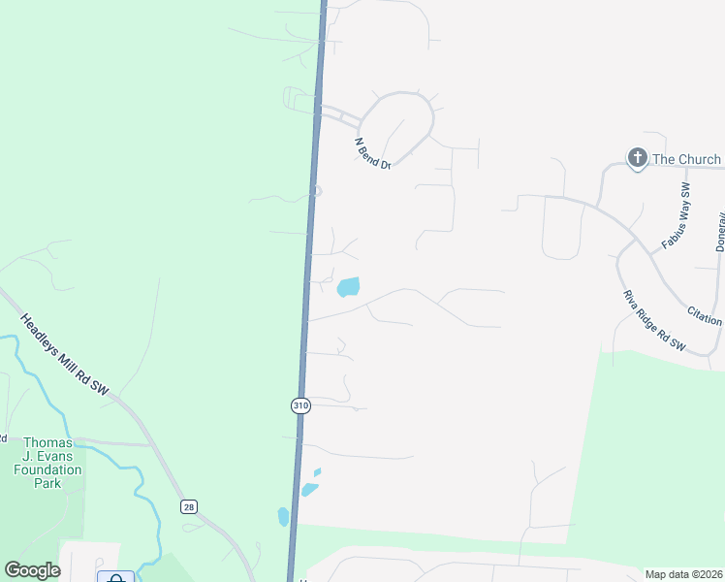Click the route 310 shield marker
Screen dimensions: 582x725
300,405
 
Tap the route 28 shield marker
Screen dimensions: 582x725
188,506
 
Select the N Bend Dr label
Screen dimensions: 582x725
372,153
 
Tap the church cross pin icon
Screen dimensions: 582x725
637,158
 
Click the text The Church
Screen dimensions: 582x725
686,159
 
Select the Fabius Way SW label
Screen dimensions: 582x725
676,216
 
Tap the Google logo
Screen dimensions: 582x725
32,570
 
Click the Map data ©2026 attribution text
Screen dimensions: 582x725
684,573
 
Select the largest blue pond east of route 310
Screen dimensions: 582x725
348,287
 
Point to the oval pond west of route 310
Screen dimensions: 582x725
283,516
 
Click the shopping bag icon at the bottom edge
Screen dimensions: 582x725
115,578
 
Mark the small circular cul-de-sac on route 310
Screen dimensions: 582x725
316,191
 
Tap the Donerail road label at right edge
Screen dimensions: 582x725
720,232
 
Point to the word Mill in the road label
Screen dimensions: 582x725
69,360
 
